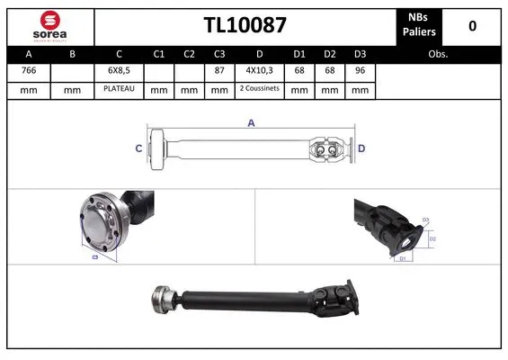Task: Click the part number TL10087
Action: (x=245, y=25)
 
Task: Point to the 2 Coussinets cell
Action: (x=259, y=90)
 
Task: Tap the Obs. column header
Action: (x=439, y=54)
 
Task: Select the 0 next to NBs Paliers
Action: (x=472, y=25)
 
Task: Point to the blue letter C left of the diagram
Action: (x=138, y=148)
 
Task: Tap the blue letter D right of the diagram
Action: (x=361, y=148)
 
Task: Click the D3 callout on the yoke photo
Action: (x=426, y=220)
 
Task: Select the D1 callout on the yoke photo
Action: (x=404, y=258)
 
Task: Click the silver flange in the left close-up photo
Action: (x=97, y=223)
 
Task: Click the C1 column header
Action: (x=159, y=54)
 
